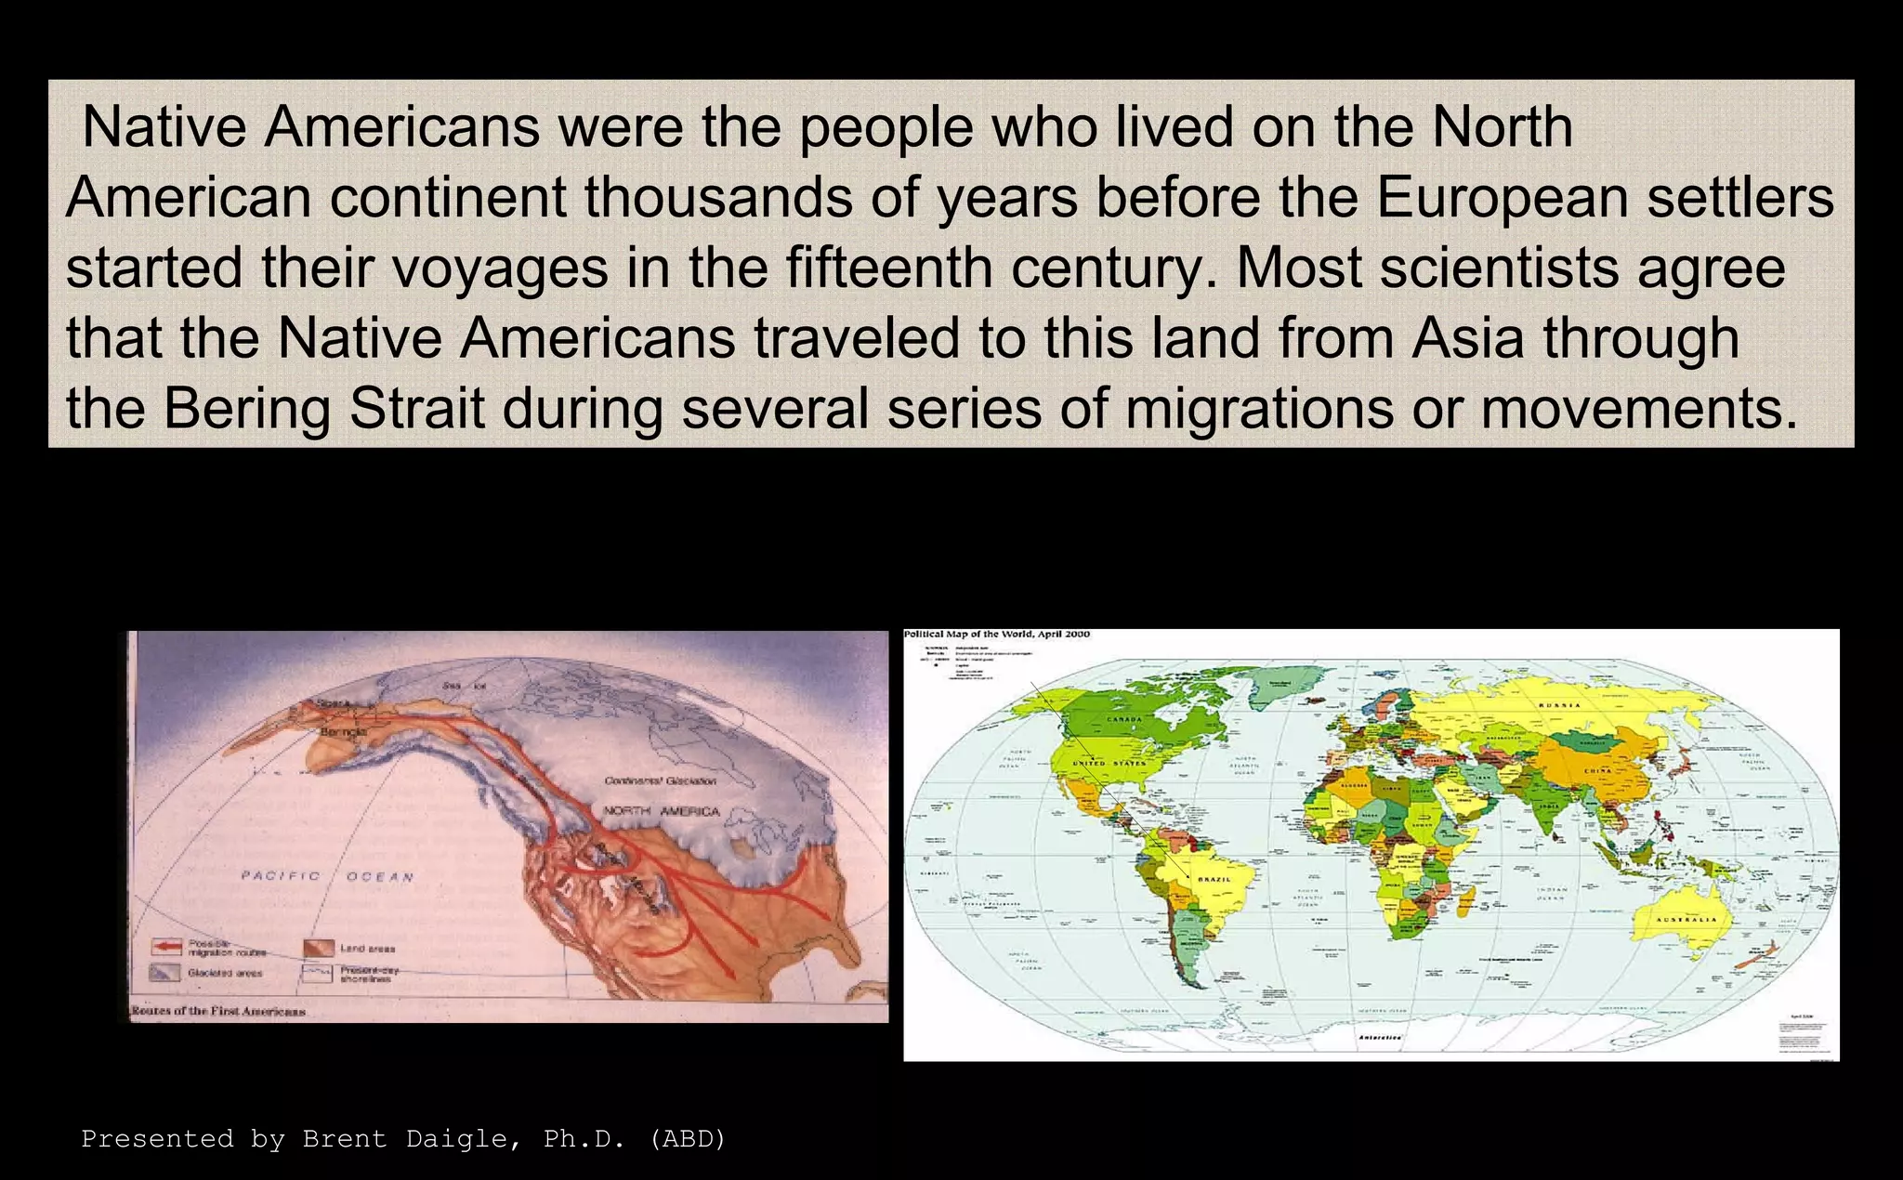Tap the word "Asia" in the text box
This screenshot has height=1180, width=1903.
(1468, 337)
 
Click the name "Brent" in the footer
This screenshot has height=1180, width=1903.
(345, 1139)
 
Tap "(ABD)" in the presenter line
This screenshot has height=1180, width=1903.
(688, 1139)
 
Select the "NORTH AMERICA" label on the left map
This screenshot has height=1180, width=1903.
(662, 811)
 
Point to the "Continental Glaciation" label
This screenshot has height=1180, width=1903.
(660, 781)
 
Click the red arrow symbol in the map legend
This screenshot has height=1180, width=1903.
(166, 948)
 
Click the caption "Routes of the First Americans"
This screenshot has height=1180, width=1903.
(218, 1011)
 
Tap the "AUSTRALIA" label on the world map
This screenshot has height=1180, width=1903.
(1686, 920)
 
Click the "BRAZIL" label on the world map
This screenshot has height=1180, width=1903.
(1214, 879)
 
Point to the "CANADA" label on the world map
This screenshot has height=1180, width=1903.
(1123, 720)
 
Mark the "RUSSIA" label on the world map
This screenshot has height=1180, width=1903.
(1559, 705)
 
